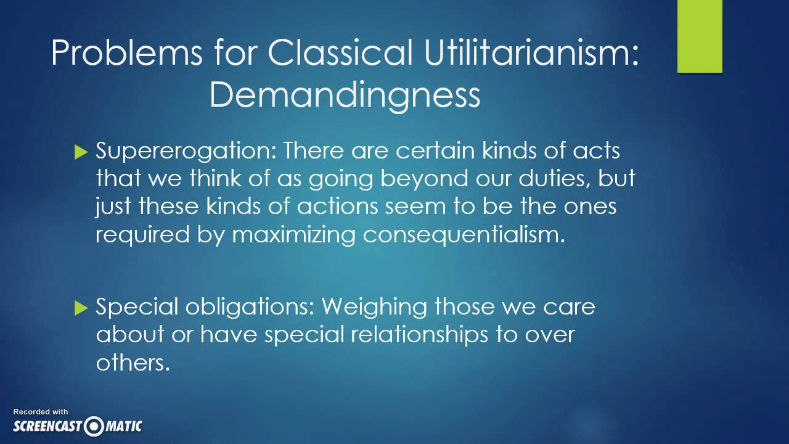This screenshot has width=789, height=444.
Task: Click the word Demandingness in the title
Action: pos(345,95)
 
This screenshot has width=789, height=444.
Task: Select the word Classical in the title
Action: pos(340,54)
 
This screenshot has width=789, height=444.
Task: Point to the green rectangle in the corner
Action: pos(700,36)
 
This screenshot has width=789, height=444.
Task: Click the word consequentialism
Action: pos(464,234)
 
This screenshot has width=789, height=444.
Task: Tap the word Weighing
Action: pos(374,306)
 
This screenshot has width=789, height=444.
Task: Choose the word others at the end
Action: pos(133,363)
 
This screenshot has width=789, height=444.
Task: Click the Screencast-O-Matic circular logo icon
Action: pos(94,426)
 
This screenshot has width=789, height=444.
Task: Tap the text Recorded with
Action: pos(41,412)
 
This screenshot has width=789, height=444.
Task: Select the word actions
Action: pos(337,206)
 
